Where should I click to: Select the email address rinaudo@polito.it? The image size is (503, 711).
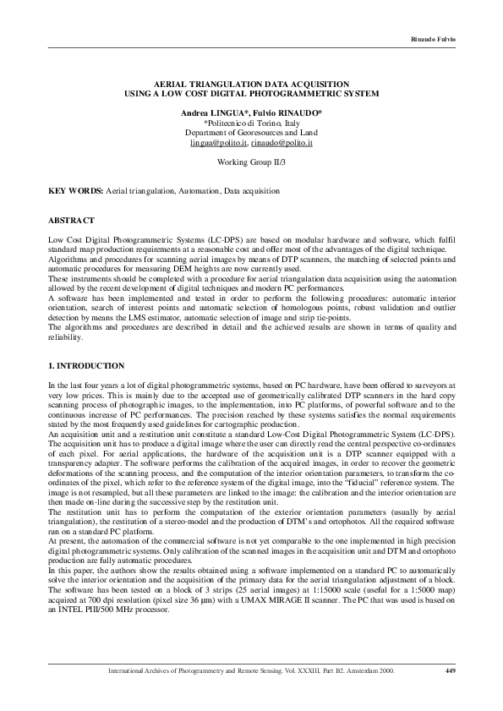(280, 144)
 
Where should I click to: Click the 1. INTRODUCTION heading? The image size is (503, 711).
(87, 365)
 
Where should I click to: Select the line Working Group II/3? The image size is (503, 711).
(251, 161)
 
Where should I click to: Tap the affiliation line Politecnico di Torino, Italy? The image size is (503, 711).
(252, 123)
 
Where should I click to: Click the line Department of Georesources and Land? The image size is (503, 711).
(251, 133)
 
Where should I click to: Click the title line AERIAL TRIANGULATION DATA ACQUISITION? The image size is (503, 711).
(251, 85)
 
